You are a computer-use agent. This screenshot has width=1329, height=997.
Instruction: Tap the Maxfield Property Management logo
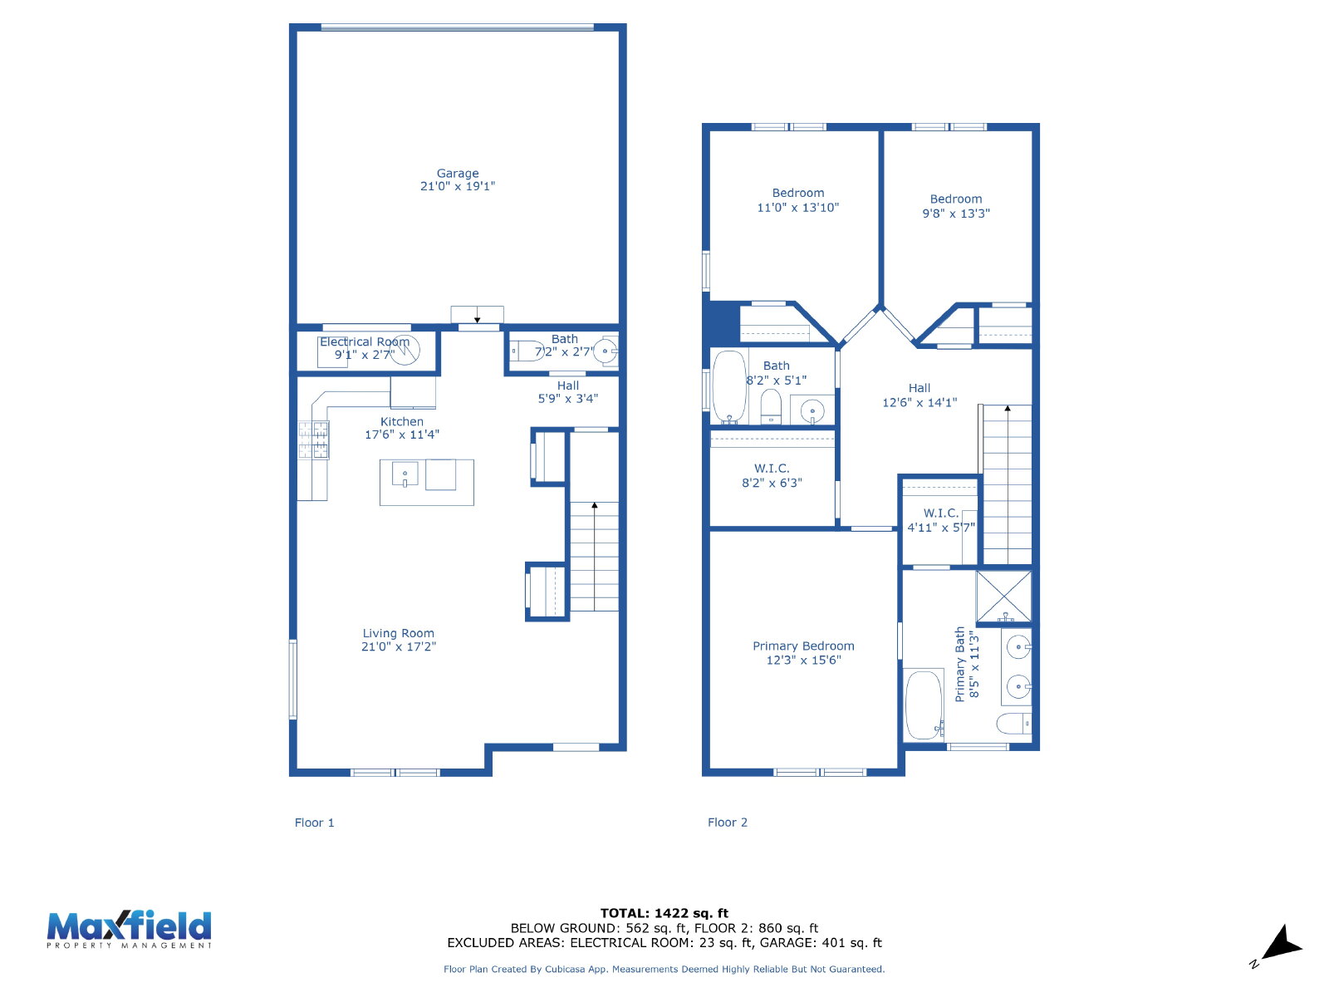pyautogui.click(x=129, y=929)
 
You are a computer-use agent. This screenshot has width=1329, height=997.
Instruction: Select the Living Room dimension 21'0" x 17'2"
pyautogui.click(x=399, y=646)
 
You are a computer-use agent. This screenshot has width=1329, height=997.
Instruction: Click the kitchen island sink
pyautogui.click(x=405, y=474)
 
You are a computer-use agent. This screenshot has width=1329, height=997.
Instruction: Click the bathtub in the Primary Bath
pyautogui.click(x=924, y=704)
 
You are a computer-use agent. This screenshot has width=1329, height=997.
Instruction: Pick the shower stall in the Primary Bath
pyautogui.click(x=1003, y=597)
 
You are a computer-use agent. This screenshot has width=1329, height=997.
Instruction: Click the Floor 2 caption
pyautogui.click(x=727, y=822)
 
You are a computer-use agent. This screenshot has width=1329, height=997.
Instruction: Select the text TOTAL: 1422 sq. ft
pyautogui.click(x=664, y=913)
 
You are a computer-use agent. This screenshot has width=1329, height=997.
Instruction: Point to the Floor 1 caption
pyautogui.click(x=314, y=823)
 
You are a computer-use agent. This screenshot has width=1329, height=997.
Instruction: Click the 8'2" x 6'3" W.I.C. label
pyautogui.click(x=772, y=475)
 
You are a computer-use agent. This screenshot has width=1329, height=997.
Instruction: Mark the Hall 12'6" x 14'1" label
pyautogui.click(x=920, y=395)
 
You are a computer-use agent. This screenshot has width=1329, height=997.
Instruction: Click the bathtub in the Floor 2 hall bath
pyautogui.click(x=729, y=387)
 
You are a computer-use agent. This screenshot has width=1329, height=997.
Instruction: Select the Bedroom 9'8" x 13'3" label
pyautogui.click(x=956, y=206)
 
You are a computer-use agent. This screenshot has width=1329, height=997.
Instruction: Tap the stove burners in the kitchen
pyautogui.click(x=314, y=440)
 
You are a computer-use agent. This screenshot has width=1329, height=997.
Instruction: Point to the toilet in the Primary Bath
pyautogui.click(x=1013, y=724)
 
